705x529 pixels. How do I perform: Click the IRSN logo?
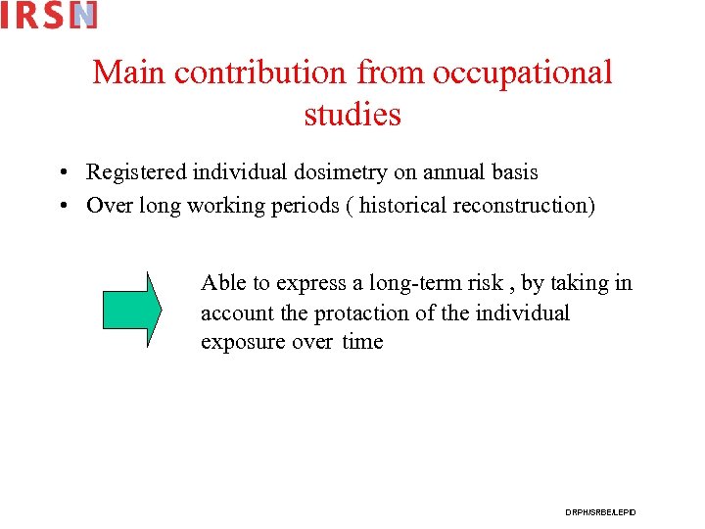click(49, 15)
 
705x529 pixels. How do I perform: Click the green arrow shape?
click(131, 310)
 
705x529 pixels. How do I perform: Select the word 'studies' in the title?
click(352, 115)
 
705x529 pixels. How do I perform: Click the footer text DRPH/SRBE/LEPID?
click(600, 512)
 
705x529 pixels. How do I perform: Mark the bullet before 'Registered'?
click(62, 173)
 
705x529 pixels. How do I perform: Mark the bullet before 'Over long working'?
click(62, 207)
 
